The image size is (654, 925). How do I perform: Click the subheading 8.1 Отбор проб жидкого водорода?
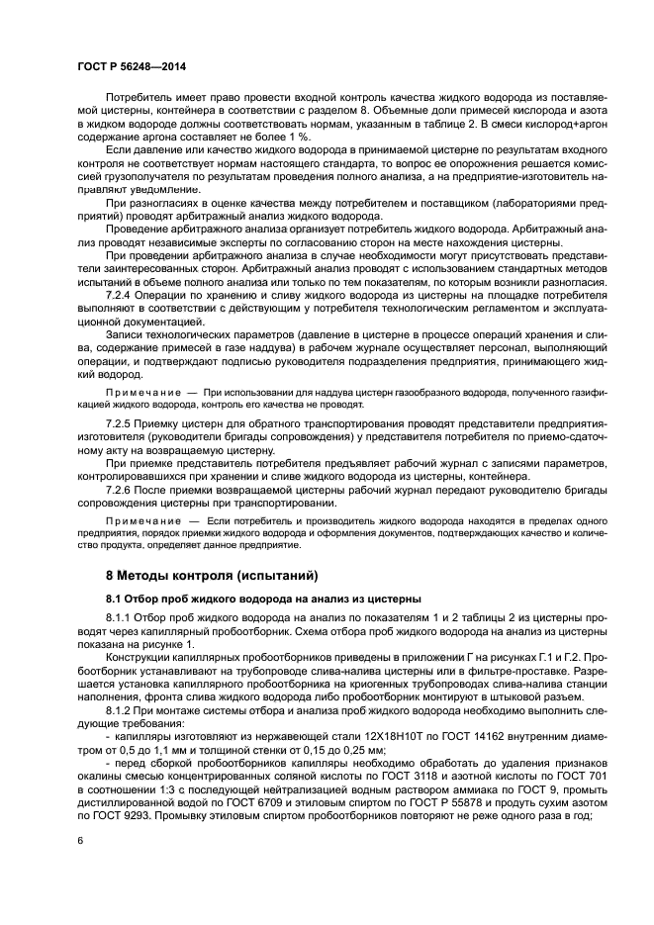(263, 598)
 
